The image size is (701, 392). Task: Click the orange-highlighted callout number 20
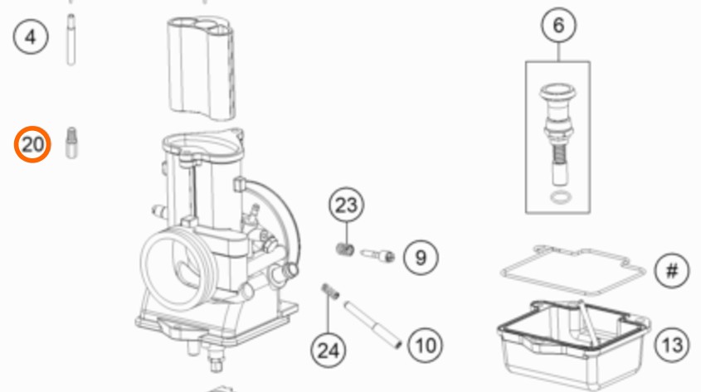32,145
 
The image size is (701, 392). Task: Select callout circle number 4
31,37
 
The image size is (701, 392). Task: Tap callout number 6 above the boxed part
558,26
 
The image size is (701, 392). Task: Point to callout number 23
347,205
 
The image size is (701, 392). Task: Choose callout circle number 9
421,257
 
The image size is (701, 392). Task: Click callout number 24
329,350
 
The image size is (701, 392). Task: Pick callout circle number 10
425,345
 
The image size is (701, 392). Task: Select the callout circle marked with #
672,270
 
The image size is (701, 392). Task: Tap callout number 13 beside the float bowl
672,345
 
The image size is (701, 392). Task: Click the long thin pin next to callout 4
71,40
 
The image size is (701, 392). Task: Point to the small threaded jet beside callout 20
71,143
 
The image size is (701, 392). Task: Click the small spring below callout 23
345,249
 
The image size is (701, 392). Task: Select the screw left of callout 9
377,255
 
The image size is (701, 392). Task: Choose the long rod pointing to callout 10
372,325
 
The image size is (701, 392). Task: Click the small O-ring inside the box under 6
561,197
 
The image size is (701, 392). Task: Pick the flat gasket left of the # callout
573,270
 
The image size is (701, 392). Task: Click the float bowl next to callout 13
573,344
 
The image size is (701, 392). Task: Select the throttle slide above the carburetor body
202,68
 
